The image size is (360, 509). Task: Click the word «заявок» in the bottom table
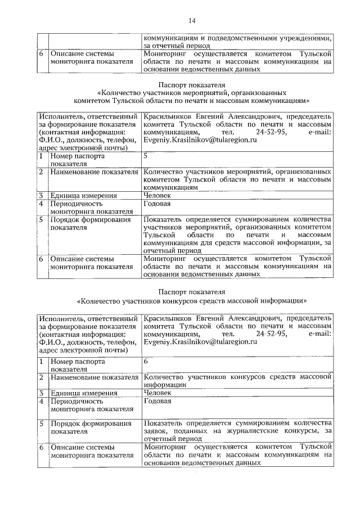(x=155, y=430)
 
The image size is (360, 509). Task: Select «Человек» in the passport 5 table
(x=157, y=195)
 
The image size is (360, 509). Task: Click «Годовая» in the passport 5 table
(x=157, y=204)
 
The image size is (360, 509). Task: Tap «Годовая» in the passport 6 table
(x=157, y=401)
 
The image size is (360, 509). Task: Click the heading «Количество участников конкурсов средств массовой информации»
(x=191, y=300)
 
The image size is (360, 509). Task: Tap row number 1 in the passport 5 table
(x=42, y=155)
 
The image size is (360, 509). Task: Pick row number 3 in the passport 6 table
(x=42, y=393)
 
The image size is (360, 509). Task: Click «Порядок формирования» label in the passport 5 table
(x=91, y=220)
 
